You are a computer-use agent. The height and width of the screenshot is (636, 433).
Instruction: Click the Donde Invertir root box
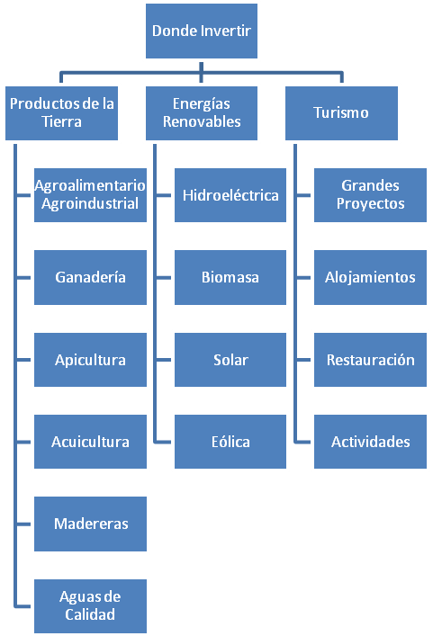(x=202, y=31)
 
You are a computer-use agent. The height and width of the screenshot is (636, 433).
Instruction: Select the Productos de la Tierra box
(x=62, y=113)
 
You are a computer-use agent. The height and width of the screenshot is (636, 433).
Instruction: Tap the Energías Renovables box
(x=202, y=113)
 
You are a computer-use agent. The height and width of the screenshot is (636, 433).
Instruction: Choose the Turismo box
(x=341, y=113)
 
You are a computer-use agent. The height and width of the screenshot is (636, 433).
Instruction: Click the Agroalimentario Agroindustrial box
(x=90, y=195)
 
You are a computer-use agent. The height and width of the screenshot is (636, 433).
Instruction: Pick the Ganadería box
(x=90, y=277)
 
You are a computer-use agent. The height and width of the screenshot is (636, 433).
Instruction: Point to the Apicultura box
(x=90, y=360)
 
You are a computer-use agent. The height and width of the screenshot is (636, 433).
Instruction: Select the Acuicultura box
(x=90, y=442)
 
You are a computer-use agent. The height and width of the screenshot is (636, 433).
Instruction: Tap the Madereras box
(x=90, y=524)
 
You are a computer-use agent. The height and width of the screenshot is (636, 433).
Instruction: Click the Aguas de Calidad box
(x=90, y=606)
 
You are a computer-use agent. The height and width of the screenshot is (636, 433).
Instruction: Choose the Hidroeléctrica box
(x=230, y=195)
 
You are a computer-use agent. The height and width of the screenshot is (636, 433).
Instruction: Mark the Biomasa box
(x=230, y=277)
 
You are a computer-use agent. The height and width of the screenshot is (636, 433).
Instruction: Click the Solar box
(x=230, y=360)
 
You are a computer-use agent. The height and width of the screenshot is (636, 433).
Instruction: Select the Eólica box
(x=230, y=442)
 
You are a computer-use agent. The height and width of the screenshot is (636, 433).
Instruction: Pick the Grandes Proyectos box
(x=370, y=195)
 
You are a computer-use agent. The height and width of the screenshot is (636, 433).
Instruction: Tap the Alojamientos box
(x=370, y=277)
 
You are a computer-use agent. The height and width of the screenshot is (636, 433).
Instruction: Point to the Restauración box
(x=370, y=360)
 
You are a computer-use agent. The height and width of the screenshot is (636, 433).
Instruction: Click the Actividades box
(x=370, y=442)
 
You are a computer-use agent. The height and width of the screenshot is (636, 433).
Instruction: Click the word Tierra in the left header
(x=62, y=121)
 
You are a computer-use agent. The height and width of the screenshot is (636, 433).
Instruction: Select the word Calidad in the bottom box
(x=90, y=614)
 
